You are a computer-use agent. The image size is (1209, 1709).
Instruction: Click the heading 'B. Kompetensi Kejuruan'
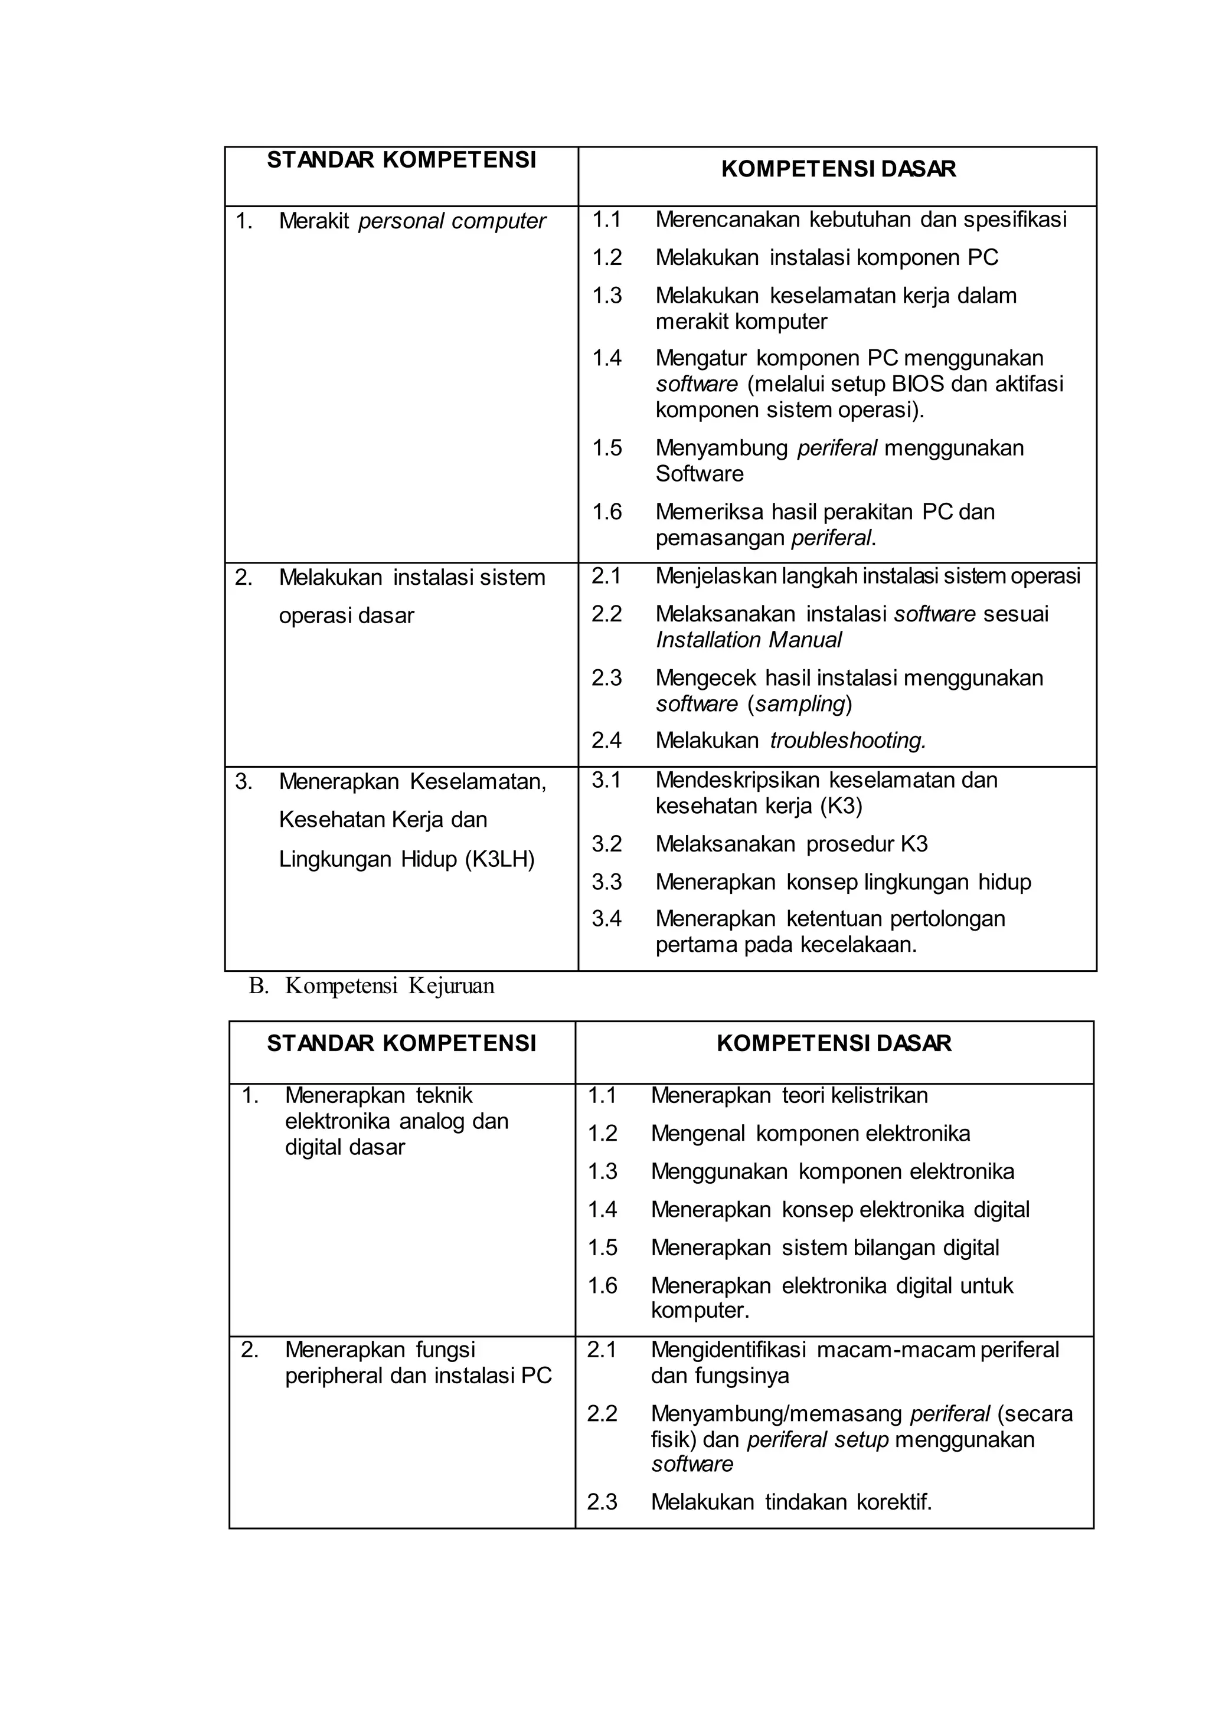coord(371,986)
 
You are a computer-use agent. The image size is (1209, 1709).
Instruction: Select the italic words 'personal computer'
coord(452,221)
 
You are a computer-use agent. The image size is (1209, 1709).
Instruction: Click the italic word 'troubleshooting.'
coord(848,741)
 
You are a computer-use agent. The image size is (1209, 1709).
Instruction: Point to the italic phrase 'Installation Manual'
coord(748,640)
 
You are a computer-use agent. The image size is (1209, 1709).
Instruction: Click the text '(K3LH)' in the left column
coord(499,860)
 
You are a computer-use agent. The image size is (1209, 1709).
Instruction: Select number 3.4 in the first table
coord(606,918)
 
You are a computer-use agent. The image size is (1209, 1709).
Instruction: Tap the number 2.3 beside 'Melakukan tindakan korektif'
coord(602,1502)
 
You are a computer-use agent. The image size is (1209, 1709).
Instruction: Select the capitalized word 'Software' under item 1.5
coord(699,474)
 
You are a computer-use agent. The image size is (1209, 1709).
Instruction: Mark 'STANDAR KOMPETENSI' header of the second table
coord(401,1043)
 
